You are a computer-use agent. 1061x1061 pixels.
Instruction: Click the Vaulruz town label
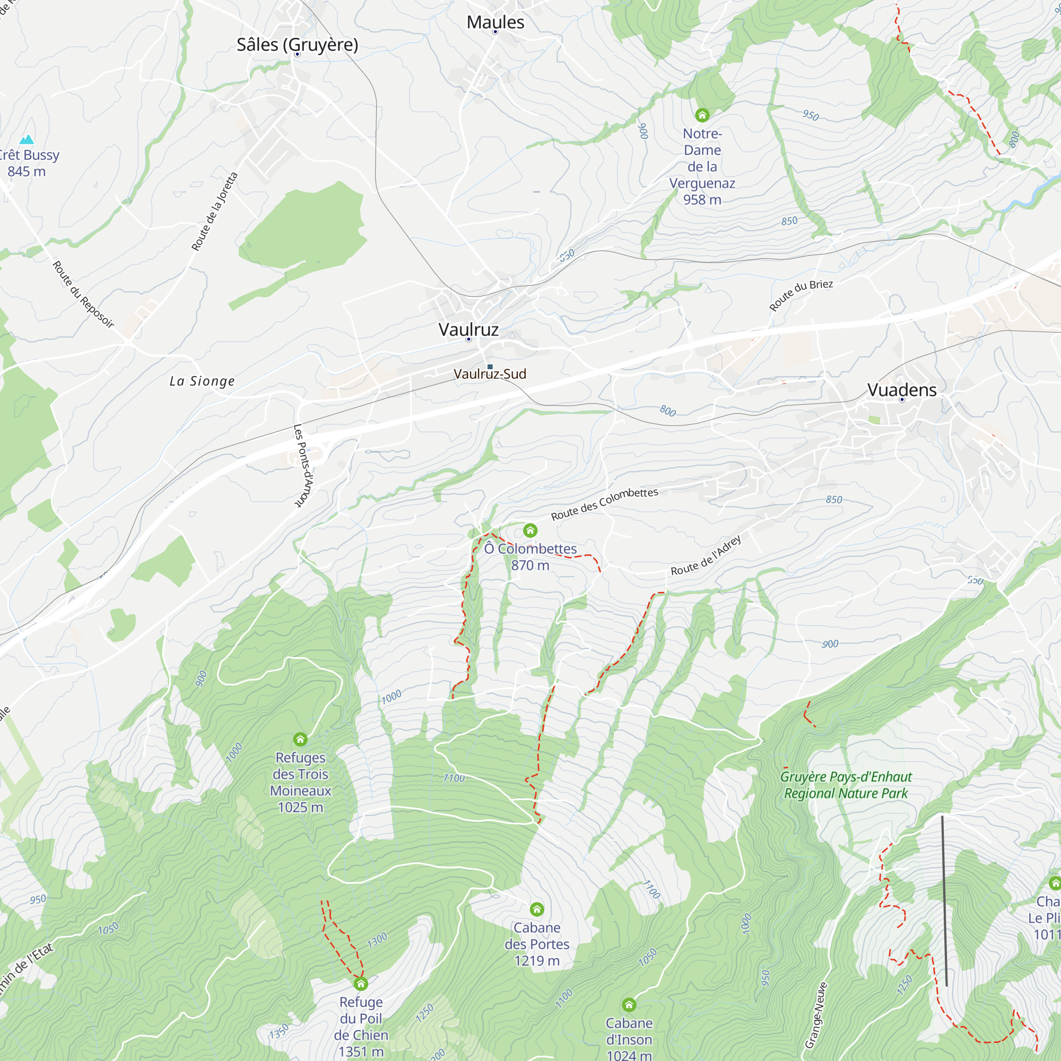tap(468, 329)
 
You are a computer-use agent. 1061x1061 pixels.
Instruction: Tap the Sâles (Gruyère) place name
tap(297, 45)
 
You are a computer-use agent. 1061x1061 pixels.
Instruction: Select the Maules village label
tap(495, 22)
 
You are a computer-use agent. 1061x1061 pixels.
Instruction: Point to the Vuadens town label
tap(902, 390)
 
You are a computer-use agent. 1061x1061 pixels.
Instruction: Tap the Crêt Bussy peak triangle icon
tap(27, 140)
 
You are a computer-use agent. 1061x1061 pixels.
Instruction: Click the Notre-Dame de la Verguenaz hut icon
tap(702, 115)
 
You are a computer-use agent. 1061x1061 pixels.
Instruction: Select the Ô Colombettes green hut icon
tap(530, 530)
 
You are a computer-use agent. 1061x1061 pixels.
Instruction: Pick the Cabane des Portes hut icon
tap(537, 909)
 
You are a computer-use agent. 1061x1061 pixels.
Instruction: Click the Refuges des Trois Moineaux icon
tap(300, 739)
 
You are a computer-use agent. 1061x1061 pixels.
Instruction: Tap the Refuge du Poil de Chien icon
tap(361, 984)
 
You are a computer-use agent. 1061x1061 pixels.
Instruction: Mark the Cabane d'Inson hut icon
tap(629, 1005)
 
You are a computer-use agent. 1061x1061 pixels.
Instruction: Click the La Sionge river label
tap(202, 381)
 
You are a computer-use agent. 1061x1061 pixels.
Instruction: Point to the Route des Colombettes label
tap(604, 504)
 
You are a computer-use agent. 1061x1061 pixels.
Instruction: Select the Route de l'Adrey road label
tap(706, 556)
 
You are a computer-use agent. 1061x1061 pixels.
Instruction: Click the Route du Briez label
tap(801, 295)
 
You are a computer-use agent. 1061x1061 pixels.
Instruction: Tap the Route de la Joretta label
tap(215, 212)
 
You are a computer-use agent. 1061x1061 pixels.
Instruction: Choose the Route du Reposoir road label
tap(83, 294)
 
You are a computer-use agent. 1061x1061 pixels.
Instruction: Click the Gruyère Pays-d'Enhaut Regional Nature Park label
tap(846, 785)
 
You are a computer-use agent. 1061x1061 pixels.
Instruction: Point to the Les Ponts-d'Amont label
tap(302, 466)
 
